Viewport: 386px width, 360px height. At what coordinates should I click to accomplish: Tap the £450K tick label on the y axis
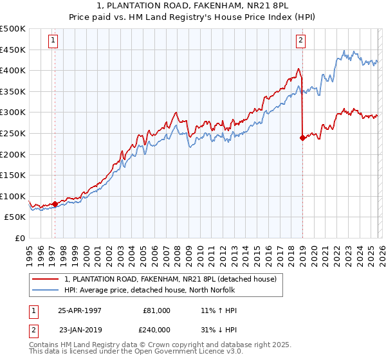point(13,50)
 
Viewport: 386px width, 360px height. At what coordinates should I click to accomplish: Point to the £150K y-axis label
point(13,175)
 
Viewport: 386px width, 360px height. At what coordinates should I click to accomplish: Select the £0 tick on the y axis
point(21,238)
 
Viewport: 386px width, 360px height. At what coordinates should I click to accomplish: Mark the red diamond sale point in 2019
point(302,137)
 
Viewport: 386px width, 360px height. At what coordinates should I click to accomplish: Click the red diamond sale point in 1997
point(55,204)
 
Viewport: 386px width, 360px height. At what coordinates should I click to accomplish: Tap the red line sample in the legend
point(46,279)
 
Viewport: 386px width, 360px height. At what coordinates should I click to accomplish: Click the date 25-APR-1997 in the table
point(80,310)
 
